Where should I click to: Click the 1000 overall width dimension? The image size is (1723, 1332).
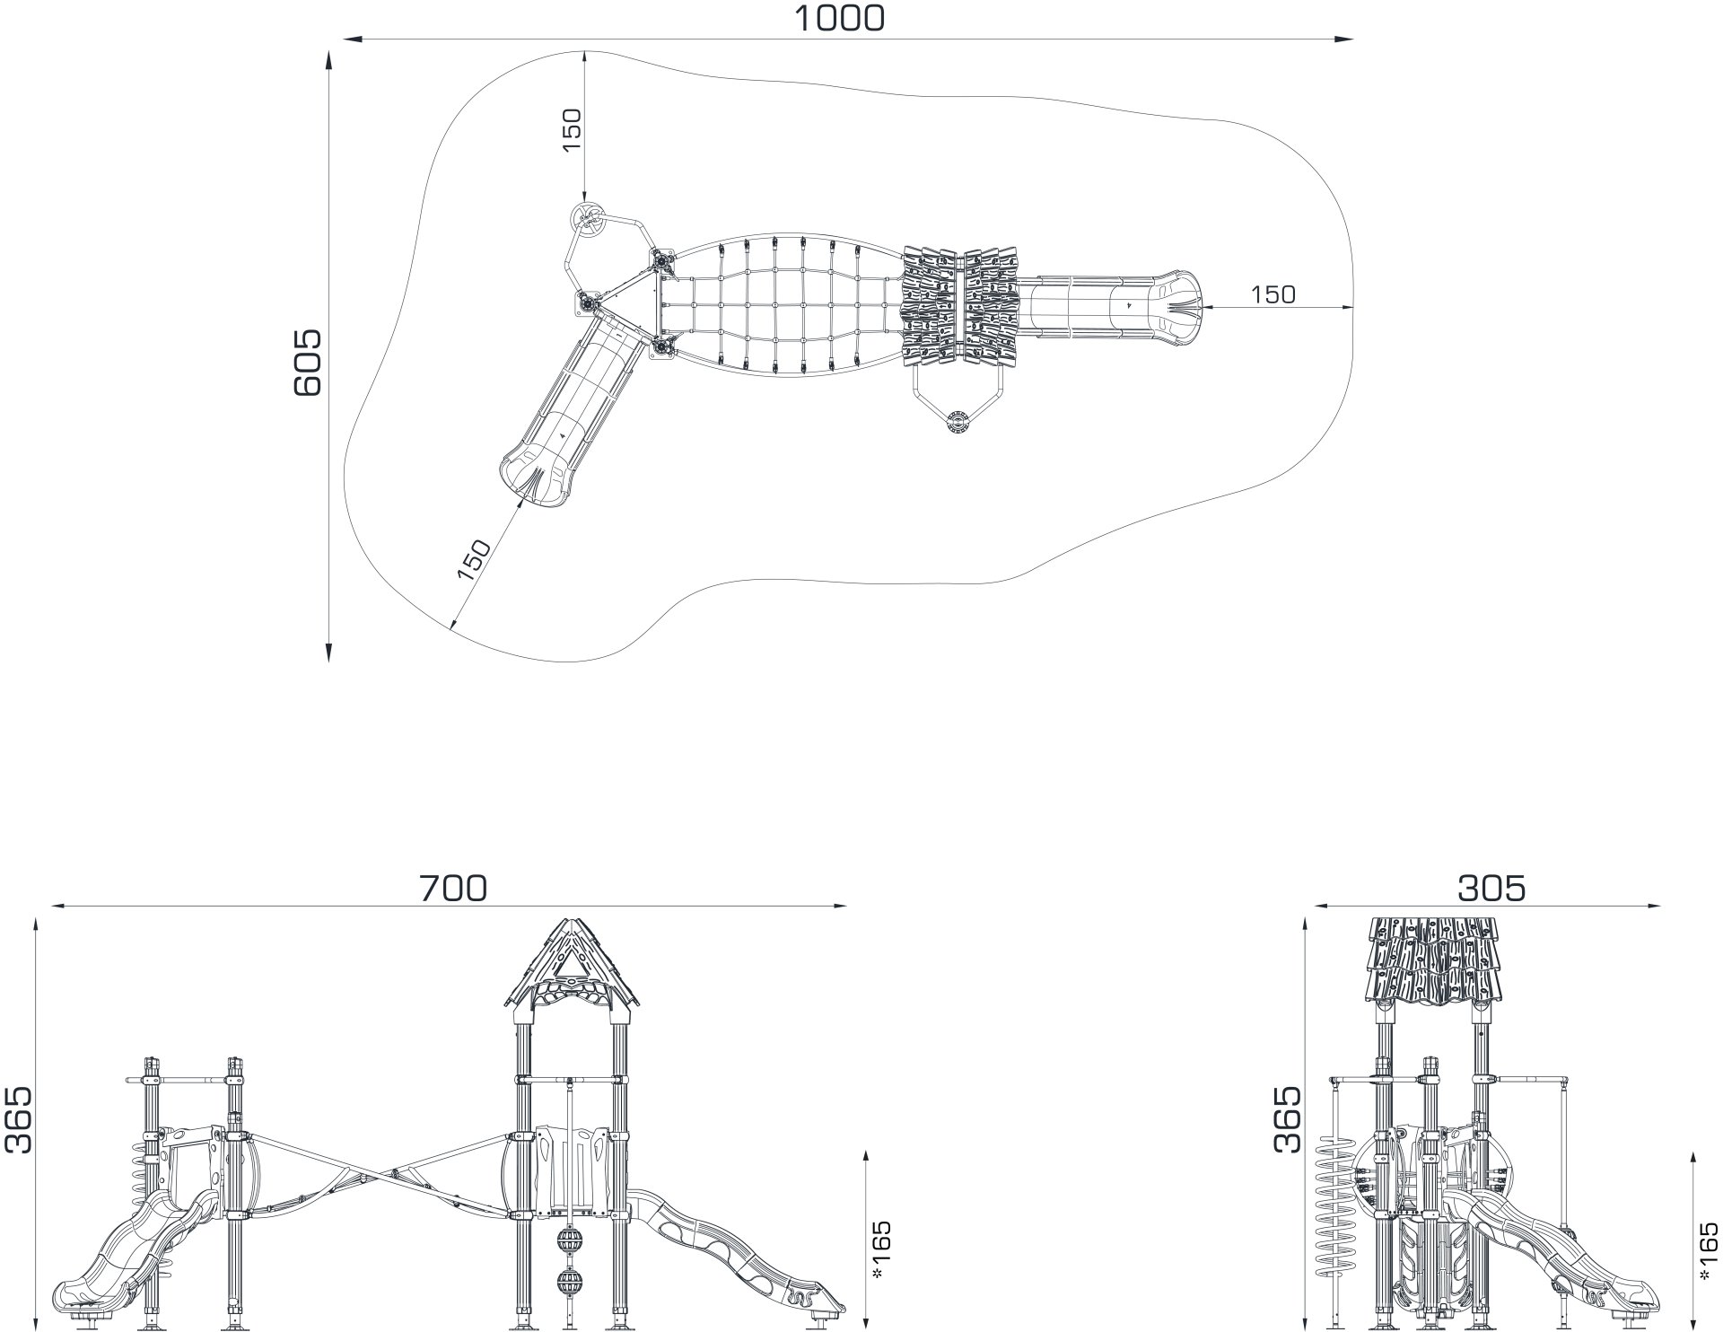coord(840,18)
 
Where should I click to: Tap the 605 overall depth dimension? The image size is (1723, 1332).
coord(308,362)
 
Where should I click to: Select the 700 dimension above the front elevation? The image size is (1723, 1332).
coord(454,888)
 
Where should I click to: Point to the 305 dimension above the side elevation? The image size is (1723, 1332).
coord(1491,888)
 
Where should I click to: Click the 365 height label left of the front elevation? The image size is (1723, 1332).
coord(18,1119)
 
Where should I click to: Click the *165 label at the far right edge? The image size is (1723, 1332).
coord(1708,1251)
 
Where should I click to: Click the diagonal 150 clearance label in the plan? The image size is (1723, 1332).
coord(474,559)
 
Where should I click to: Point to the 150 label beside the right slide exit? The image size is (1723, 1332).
coord(1273,294)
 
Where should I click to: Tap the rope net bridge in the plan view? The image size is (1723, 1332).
coord(781,305)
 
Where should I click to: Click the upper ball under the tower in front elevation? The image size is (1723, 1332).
coord(569,1242)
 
